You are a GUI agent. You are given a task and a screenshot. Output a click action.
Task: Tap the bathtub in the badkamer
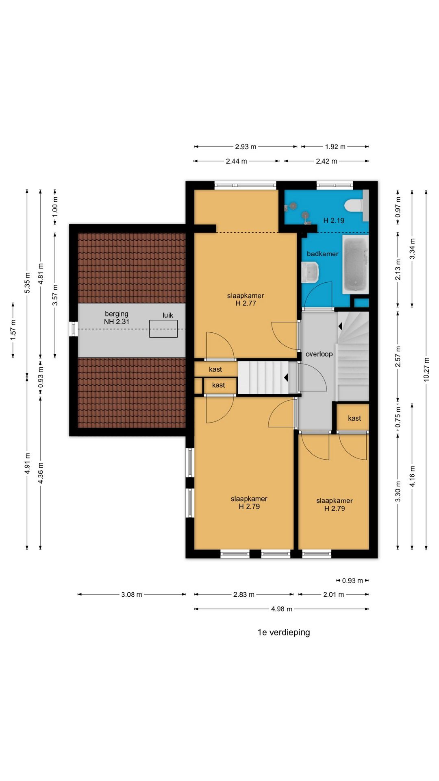[x=355, y=264]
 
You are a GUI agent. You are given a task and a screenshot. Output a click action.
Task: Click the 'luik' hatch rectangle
[x=163, y=329]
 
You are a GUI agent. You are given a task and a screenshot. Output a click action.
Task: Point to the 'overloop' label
[x=319, y=354]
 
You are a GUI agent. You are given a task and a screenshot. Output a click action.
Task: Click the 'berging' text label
[x=117, y=314]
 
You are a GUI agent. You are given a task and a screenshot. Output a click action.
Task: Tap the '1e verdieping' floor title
[x=284, y=632]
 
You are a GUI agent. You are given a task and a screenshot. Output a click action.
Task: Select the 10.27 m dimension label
[x=426, y=369]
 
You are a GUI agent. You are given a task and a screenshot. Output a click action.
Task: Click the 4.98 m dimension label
[x=282, y=609]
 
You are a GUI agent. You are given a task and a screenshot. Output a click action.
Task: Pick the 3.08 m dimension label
[x=132, y=594]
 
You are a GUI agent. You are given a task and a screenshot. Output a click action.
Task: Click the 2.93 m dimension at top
[x=246, y=146]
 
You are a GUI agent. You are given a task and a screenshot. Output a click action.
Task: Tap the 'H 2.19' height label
[x=334, y=220]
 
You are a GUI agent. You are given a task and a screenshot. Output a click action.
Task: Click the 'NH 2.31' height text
[x=117, y=321]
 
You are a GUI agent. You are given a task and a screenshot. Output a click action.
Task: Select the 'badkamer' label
[x=323, y=254]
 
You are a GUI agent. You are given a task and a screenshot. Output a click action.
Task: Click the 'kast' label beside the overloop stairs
[x=354, y=418]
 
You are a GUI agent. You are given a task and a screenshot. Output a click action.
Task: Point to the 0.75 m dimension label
[x=398, y=417]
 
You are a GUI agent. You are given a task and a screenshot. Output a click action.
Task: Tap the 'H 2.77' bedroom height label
[x=246, y=303]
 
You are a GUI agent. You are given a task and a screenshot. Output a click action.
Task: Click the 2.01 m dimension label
[x=334, y=594]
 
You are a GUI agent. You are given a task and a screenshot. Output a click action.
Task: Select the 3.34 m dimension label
[x=412, y=249]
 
